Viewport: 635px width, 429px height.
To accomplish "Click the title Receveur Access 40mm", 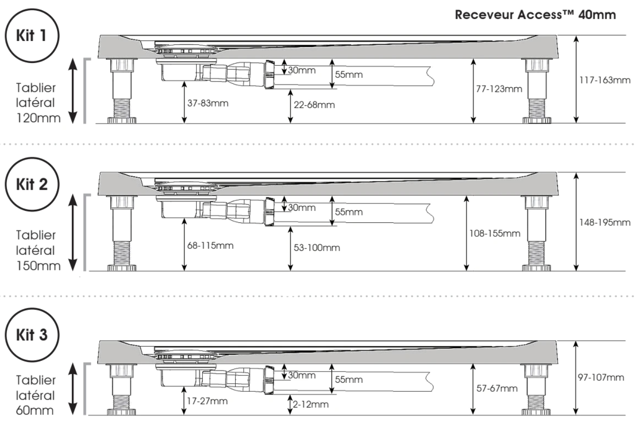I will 535,15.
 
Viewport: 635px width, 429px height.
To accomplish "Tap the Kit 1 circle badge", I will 31,35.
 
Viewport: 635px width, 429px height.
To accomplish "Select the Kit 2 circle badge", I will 31,184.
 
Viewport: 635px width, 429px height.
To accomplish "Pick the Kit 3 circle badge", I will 31,334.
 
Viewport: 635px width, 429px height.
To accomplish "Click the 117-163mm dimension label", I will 605,80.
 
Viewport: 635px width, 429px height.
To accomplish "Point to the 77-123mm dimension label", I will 499,89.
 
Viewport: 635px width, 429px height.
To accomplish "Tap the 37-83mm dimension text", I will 208,103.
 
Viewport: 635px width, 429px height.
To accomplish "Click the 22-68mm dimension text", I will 314,105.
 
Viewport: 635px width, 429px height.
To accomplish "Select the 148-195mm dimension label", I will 605,222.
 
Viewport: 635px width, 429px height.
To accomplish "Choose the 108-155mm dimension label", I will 494,233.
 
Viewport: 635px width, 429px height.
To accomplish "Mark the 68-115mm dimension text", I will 210,245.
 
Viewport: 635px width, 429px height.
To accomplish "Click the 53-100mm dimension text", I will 317,248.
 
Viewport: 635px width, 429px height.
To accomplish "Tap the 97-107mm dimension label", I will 601,377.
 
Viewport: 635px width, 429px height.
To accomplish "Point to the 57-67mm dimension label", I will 497,388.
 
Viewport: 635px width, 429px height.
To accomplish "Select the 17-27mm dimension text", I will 207,401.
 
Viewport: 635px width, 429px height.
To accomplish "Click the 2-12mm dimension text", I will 310,404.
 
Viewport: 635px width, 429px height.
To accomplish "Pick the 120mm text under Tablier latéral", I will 38,118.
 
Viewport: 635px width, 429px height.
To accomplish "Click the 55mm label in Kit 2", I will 348,212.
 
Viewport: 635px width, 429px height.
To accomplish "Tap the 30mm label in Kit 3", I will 302,375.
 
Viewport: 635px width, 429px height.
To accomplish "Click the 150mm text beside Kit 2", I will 38,266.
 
